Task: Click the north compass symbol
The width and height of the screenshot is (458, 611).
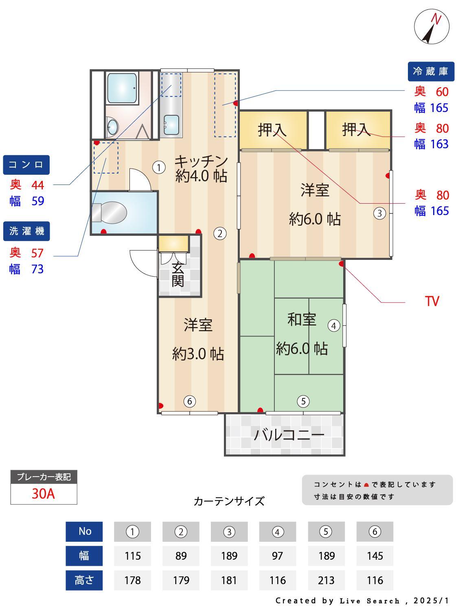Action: tap(432, 27)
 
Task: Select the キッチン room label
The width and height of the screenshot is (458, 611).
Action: tap(201, 161)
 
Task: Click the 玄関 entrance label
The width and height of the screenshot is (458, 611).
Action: tap(178, 275)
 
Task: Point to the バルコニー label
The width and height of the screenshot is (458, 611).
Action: tap(289, 435)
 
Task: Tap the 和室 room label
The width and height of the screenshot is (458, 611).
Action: tap(302, 319)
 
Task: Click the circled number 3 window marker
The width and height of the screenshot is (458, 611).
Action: tap(379, 213)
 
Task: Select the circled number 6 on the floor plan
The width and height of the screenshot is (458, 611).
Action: tap(189, 402)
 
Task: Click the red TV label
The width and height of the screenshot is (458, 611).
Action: tap(432, 301)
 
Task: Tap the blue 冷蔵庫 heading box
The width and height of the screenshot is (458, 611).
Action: tap(430, 71)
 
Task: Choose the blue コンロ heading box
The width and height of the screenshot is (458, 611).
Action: tap(26, 165)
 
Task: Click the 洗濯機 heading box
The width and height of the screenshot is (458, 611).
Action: tap(26, 231)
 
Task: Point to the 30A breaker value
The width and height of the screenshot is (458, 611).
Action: tap(44, 494)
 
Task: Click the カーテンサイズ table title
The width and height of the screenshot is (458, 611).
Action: tap(229, 501)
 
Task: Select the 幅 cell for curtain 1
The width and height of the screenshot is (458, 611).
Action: tap(132, 556)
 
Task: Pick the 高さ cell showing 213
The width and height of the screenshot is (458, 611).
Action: tap(326, 580)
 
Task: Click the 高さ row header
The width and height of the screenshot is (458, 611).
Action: tap(84, 580)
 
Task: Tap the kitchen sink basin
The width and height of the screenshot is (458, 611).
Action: tap(171, 124)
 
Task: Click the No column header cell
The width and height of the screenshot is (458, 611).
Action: tap(84, 531)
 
